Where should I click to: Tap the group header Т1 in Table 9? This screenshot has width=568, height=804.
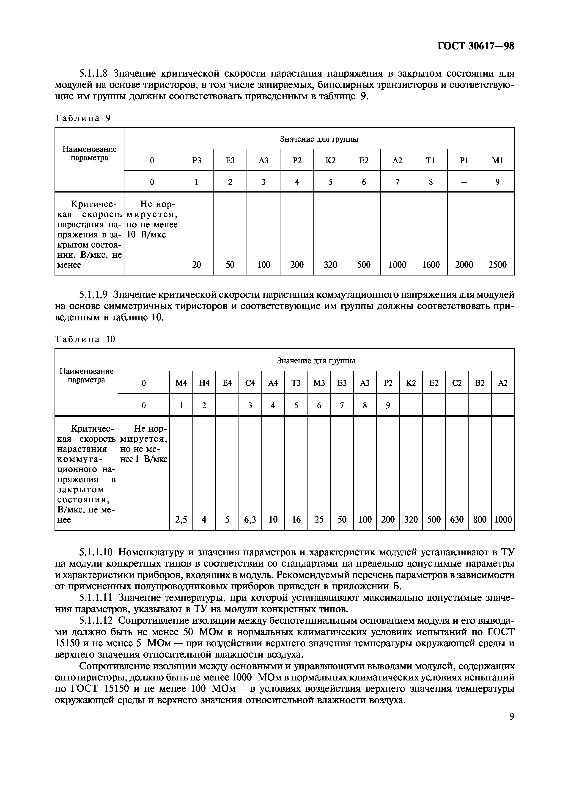[x=431, y=160]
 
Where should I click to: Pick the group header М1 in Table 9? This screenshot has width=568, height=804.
[x=497, y=160]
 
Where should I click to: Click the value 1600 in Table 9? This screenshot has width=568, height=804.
[x=431, y=264]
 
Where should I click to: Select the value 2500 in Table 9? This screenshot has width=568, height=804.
[x=497, y=264]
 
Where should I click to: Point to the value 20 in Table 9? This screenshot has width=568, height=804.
[x=197, y=264]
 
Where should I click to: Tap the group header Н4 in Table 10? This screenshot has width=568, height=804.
[x=204, y=383]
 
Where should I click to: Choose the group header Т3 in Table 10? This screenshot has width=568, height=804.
[x=296, y=383]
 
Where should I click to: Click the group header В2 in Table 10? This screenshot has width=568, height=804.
[x=480, y=383]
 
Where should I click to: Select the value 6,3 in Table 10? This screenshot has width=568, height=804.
[x=250, y=519]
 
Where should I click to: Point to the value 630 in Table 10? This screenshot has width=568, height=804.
[x=457, y=519]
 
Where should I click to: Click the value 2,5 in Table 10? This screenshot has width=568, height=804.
[x=181, y=519]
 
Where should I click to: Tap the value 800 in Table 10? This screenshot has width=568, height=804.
[x=480, y=519]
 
